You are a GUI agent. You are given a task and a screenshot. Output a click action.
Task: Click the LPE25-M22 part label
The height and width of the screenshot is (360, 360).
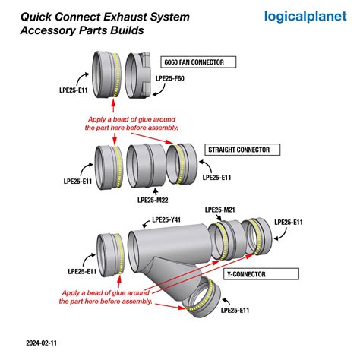coord(153,200)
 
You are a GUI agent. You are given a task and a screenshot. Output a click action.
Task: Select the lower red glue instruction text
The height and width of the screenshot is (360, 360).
coord(106,296)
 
